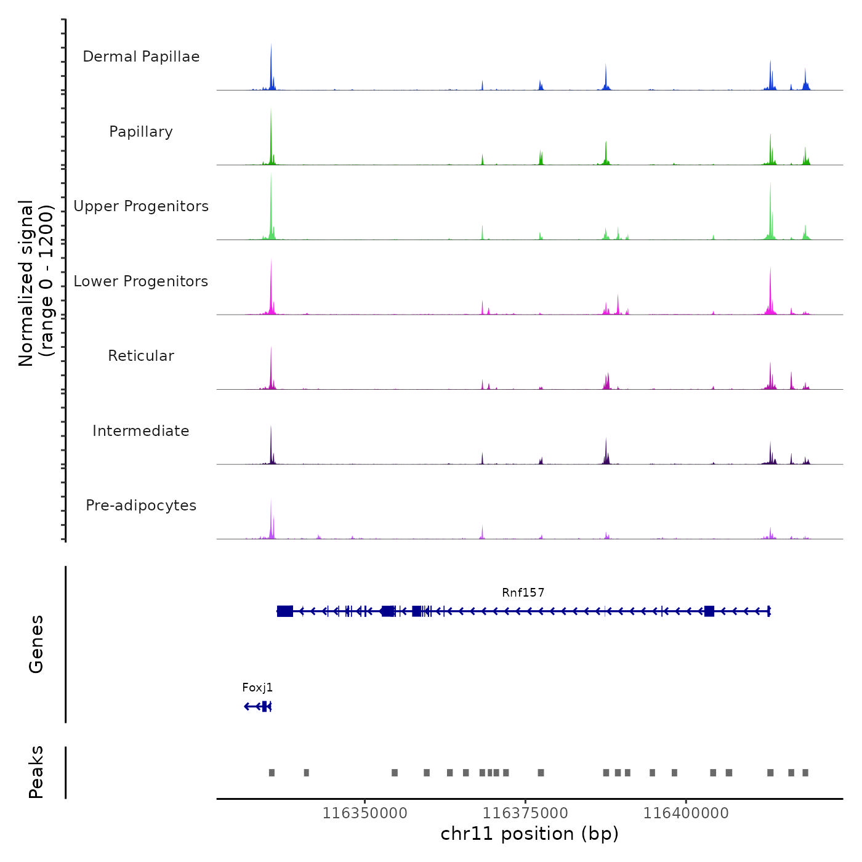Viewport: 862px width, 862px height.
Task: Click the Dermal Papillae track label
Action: pyautogui.click(x=141, y=57)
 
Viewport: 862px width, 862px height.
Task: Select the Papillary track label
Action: pyautogui.click(x=141, y=132)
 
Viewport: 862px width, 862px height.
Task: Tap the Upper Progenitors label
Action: pyautogui.click(x=141, y=206)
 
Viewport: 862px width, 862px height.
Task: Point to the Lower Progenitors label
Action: pyautogui.click(x=141, y=281)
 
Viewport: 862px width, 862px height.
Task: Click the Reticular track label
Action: pyautogui.click(x=141, y=356)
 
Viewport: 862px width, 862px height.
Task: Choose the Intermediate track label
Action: pyautogui.click(x=141, y=431)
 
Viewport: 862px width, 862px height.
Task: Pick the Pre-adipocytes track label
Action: pyautogui.click(x=141, y=506)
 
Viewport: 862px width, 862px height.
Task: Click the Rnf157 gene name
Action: pyautogui.click(x=523, y=593)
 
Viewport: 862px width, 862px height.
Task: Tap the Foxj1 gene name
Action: pyautogui.click(x=257, y=688)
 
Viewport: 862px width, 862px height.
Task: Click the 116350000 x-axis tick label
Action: pyautogui.click(x=365, y=813)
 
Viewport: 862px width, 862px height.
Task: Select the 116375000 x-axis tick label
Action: pyautogui.click(x=525, y=813)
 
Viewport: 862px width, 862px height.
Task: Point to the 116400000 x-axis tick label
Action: pyautogui.click(x=686, y=813)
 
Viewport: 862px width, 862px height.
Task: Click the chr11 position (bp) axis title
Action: pyautogui.click(x=530, y=834)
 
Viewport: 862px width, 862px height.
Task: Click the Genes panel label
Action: pyautogui.click(x=36, y=644)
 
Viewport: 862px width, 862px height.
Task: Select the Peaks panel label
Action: pyautogui.click(x=36, y=772)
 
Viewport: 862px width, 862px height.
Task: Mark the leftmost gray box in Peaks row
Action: pyautogui.click(x=272, y=773)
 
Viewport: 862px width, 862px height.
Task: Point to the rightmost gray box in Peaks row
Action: pyautogui.click(x=805, y=773)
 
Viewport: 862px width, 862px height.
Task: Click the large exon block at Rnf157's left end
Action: pyautogui.click(x=285, y=611)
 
